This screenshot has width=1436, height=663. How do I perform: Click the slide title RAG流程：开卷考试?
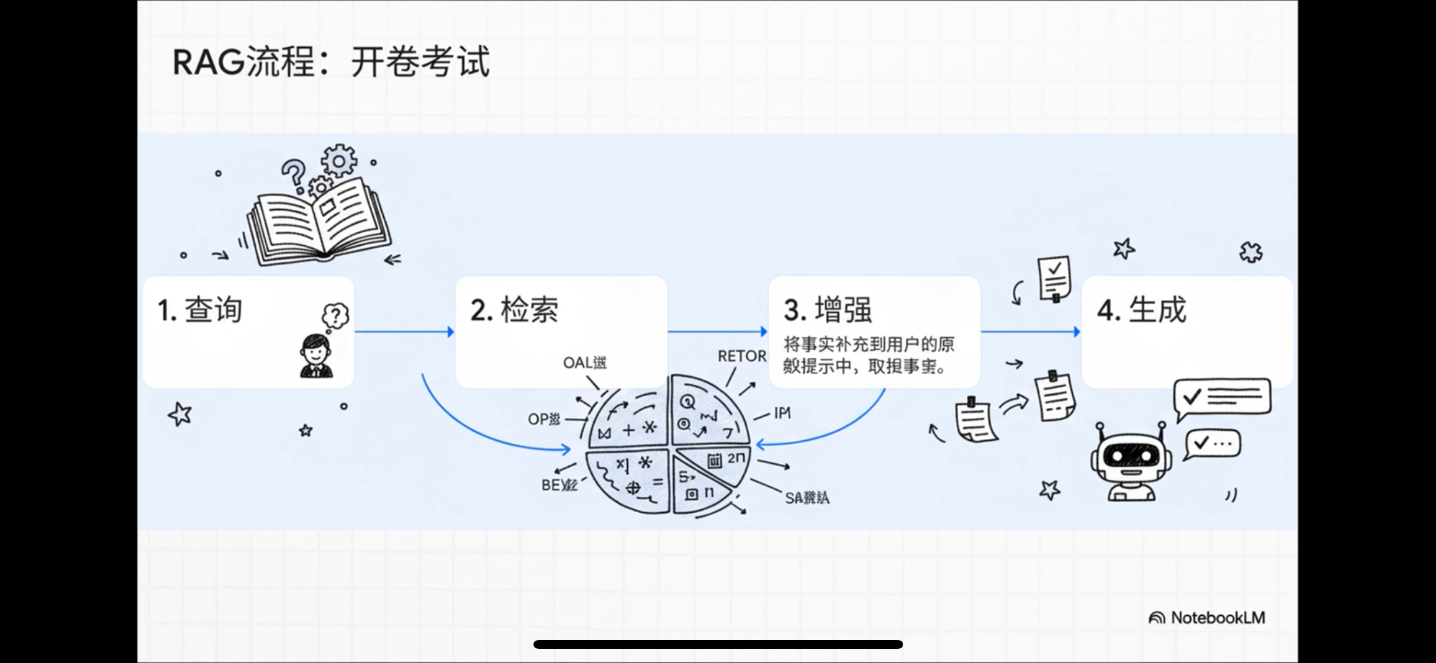tap(331, 61)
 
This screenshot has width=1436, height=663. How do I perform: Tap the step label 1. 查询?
tap(200, 310)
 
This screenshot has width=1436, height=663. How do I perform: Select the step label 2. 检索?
tap(514, 310)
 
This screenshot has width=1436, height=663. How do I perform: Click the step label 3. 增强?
tap(828, 310)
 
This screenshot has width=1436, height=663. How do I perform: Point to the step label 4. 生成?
tap(1141, 310)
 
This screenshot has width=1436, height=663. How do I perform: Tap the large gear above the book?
tap(339, 160)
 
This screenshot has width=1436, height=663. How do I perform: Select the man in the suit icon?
tap(317, 356)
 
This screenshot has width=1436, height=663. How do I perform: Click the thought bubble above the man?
tap(335, 316)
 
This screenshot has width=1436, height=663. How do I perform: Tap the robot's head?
tap(1131, 456)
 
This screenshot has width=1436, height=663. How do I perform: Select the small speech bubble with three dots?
tap(1213, 444)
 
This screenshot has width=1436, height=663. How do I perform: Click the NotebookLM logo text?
tap(1217, 618)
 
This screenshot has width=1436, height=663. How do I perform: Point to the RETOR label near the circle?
tap(742, 356)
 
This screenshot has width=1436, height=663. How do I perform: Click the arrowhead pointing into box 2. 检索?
tap(451, 332)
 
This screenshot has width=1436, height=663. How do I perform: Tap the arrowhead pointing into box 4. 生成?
tap(1077, 332)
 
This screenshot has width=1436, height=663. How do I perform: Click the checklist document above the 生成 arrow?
tap(1054, 278)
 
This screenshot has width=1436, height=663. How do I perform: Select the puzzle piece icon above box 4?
tap(1251, 252)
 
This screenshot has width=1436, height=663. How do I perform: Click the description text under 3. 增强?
tap(868, 355)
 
